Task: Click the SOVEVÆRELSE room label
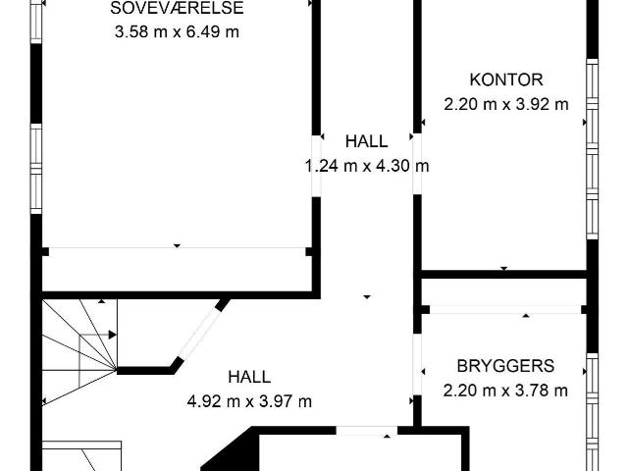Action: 177,8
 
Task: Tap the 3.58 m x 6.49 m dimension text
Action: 177,31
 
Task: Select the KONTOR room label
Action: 506,79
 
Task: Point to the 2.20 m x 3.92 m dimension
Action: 506,104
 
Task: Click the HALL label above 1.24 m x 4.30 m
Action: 366,141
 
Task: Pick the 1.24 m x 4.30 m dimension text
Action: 367,166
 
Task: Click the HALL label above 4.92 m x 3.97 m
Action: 249,377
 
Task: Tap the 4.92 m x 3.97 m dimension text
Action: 249,401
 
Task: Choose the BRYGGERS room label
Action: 505,366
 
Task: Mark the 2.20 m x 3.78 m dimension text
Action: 505,391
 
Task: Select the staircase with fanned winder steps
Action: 79,352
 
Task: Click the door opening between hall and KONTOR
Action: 417,164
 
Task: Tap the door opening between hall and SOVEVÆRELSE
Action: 316,166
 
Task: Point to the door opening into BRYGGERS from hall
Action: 417,364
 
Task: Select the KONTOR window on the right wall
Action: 593,149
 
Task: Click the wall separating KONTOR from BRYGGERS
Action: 502,275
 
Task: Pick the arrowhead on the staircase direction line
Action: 113,335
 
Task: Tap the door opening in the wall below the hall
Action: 366,431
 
